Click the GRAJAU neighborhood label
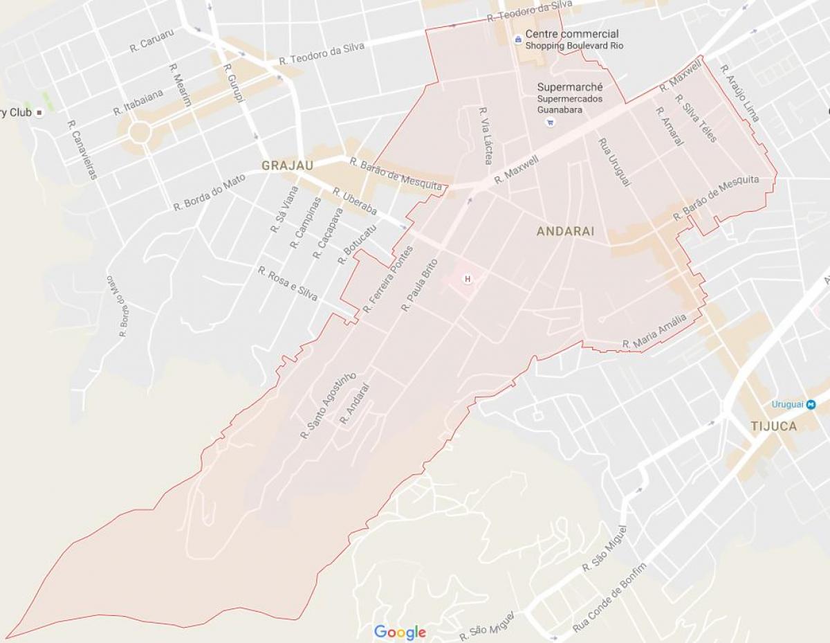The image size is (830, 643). pyautogui.click(x=287, y=165)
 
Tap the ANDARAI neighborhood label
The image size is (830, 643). pyautogui.click(x=565, y=232)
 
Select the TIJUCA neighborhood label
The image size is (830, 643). pyautogui.click(x=774, y=426)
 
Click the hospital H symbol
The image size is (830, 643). pyautogui.click(x=468, y=279)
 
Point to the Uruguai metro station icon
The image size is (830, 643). pyautogui.click(x=811, y=404)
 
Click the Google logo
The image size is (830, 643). pyautogui.click(x=400, y=632)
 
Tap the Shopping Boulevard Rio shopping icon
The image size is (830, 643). pyautogui.click(x=517, y=40)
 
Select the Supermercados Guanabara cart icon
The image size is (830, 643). pyautogui.click(x=550, y=123)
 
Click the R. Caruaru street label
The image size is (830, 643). pyautogui.click(x=151, y=41)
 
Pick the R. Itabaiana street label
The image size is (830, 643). pyautogui.click(x=139, y=101)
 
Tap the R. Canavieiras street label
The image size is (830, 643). pyautogui.click(x=82, y=150)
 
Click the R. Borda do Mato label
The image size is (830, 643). pyautogui.click(x=209, y=192)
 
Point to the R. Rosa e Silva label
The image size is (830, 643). pyautogui.click(x=288, y=284)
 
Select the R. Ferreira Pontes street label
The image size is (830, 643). pyautogui.click(x=388, y=278)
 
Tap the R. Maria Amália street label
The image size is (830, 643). pyautogui.click(x=654, y=331)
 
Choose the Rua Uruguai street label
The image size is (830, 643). pyautogui.click(x=614, y=163)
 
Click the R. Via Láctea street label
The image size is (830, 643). pyautogui.click(x=484, y=135)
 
